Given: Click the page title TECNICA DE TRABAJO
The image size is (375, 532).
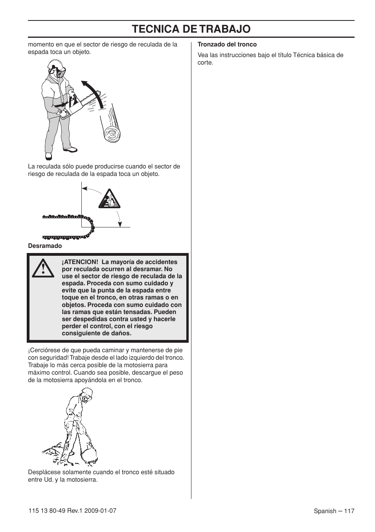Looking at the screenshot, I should coord(191,29).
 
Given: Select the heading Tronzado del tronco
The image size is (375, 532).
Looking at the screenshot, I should coord(227,44).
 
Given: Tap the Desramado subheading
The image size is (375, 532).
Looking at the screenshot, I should coord(45,246).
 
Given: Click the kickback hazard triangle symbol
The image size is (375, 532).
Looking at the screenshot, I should coord(109,200).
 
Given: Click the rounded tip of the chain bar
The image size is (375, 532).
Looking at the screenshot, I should coord(92,227).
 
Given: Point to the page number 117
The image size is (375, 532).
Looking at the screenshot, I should coord(349,511).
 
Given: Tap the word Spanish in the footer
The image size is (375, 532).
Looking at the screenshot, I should coord(325,511).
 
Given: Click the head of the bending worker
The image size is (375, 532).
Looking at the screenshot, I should coord(87,395).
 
